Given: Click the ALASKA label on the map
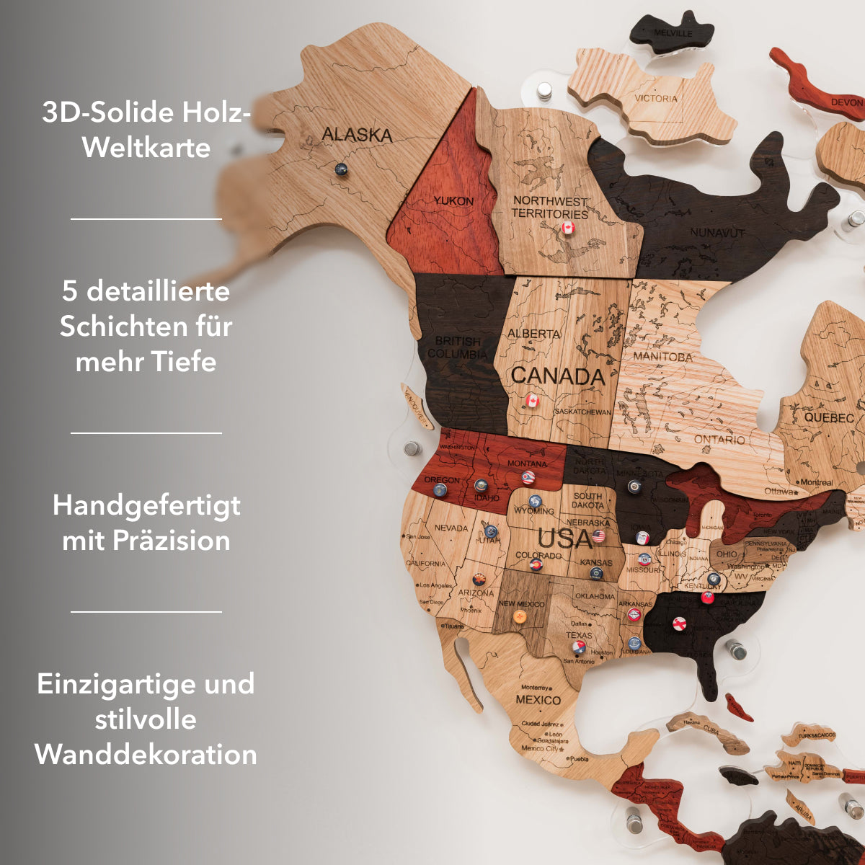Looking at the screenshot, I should (x=357, y=135).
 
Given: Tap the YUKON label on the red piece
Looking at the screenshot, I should (x=453, y=201).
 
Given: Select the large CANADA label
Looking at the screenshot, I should (x=557, y=376).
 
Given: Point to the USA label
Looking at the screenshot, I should (x=564, y=538).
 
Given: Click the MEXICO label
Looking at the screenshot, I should (x=538, y=700).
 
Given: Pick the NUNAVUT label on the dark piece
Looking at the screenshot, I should (x=717, y=232).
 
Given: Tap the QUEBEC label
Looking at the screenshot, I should (x=829, y=418).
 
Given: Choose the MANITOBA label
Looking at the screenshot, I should (x=662, y=356).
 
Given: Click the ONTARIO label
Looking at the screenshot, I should (x=719, y=440).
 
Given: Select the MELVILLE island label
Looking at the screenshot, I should (x=673, y=33).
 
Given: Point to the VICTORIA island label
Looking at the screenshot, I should (x=656, y=98).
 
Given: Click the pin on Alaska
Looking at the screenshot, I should (x=341, y=170).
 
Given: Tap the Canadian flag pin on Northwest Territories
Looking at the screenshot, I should (x=568, y=229).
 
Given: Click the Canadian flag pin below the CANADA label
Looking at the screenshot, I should (x=533, y=400).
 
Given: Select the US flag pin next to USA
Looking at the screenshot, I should (x=598, y=536).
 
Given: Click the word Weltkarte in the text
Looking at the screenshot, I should (x=146, y=148).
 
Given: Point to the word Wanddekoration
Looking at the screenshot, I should (x=146, y=754).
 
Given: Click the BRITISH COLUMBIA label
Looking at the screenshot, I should (x=457, y=347).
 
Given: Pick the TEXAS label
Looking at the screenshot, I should (x=578, y=635).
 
